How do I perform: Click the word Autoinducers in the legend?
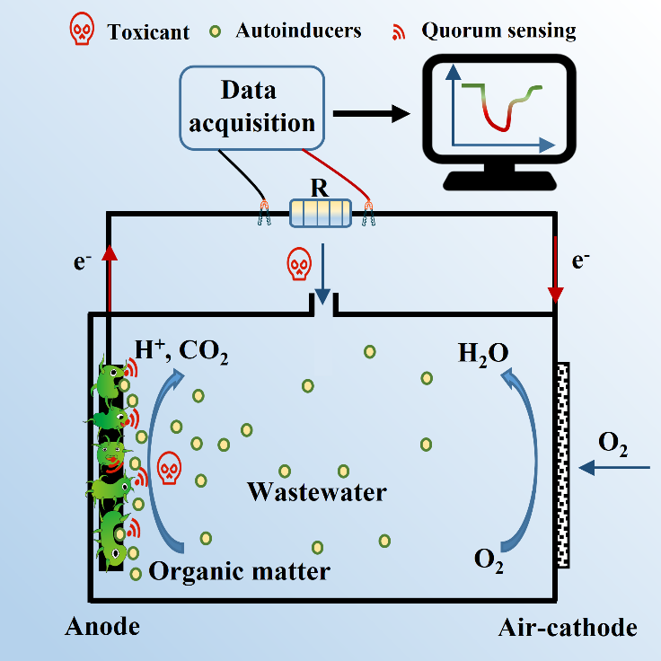(298, 31)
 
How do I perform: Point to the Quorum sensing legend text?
(498, 31)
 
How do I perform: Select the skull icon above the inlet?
(298, 265)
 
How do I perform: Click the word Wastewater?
(317, 492)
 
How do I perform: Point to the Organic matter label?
(239, 569)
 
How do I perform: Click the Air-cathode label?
(568, 627)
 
